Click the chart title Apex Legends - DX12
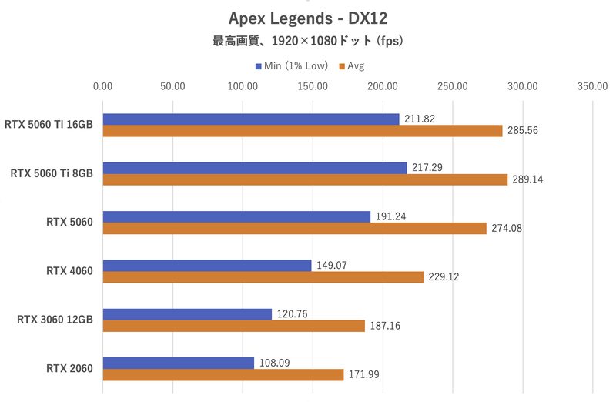point(307,17)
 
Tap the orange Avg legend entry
point(351,66)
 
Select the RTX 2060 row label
point(69,369)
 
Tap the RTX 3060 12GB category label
point(55,320)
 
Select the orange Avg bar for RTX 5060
point(294,229)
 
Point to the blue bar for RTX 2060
point(178,363)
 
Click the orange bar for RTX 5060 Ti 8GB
point(305,179)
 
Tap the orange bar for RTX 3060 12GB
point(233,327)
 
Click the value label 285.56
point(522,131)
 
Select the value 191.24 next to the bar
point(390,216)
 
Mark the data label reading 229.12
point(444,277)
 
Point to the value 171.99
point(363,375)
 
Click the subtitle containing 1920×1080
point(307,41)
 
